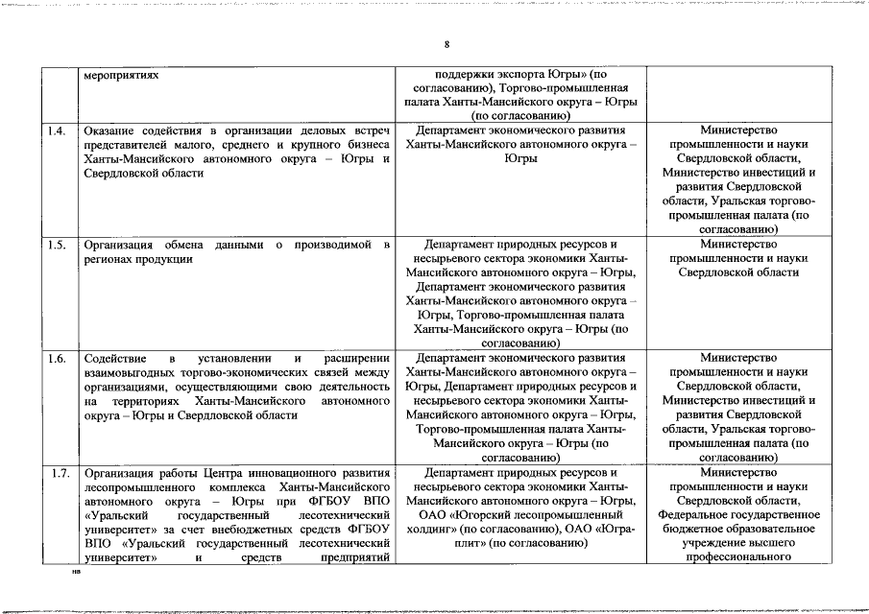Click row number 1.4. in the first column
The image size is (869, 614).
pos(58,130)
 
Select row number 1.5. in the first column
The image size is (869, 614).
pos(58,245)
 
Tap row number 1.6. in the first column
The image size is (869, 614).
pos(58,359)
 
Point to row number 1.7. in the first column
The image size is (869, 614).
pos(58,473)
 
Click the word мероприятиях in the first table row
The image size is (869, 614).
pos(120,74)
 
